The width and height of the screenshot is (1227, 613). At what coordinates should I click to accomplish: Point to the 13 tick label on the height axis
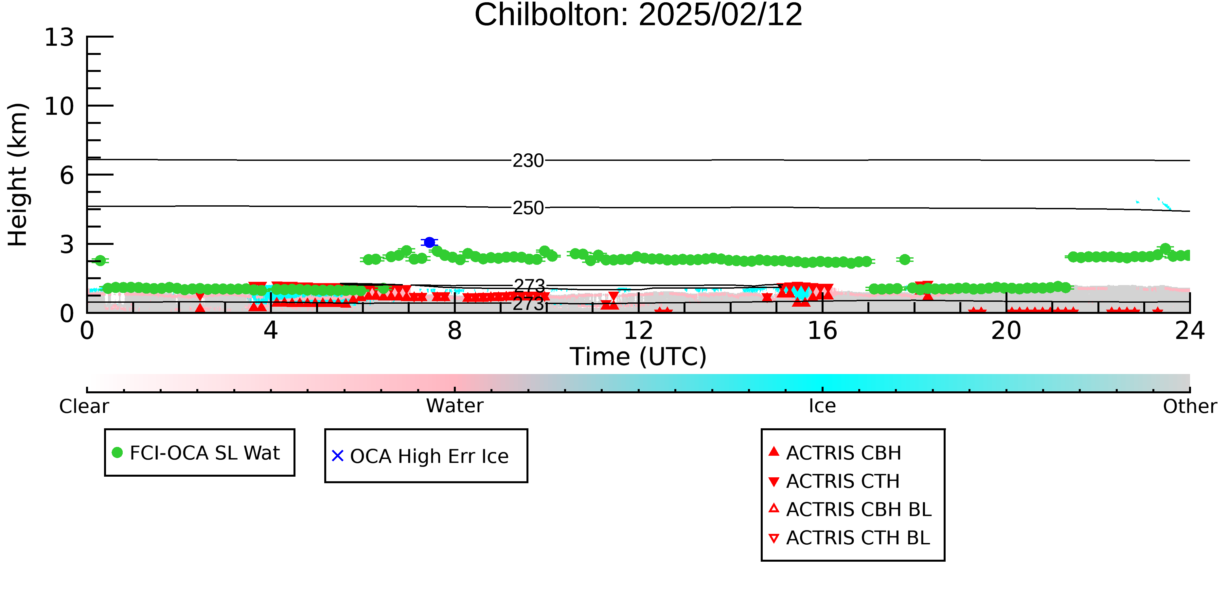[59, 37]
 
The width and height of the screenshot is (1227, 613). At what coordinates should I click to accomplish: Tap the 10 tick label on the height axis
[59, 106]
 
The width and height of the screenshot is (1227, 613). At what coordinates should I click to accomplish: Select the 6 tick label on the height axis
[67, 175]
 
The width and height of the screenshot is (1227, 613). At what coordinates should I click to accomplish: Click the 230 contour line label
[528, 161]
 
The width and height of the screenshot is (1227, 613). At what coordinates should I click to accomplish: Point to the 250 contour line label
[528, 208]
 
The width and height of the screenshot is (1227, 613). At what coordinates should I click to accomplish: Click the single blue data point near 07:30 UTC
[429, 242]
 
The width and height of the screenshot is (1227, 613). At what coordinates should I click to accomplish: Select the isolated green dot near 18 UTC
[904, 259]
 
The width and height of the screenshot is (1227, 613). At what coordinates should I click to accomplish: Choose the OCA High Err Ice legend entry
[420, 456]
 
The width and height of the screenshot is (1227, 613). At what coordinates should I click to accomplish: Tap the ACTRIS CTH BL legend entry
[849, 538]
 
